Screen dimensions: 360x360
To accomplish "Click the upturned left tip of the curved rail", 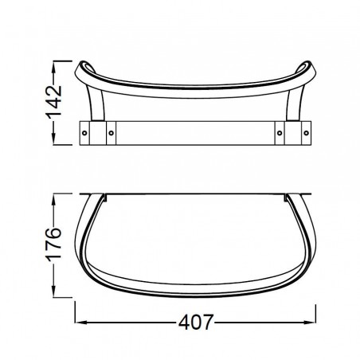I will [83, 65].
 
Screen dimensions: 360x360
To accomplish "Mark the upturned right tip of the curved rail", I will [310, 65].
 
